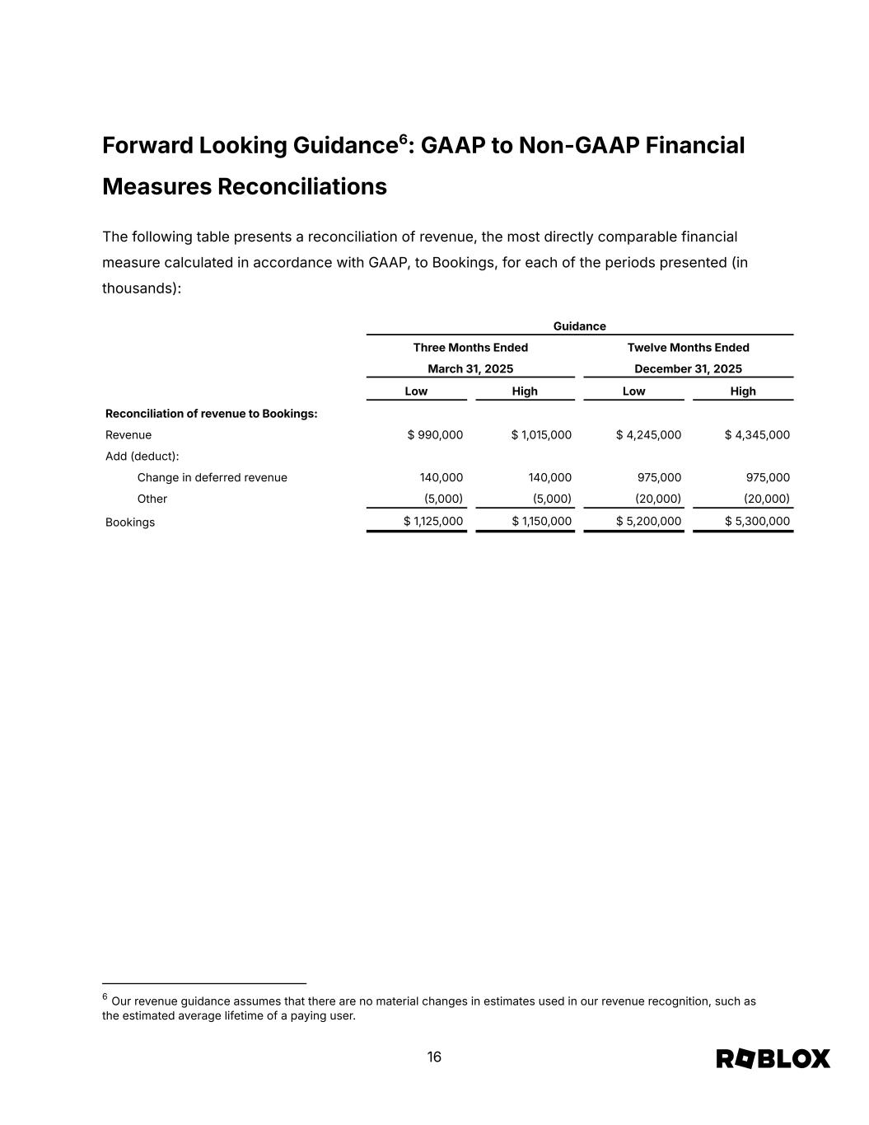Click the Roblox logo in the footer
click(773, 1058)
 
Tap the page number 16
click(434, 1057)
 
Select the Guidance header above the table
click(579, 326)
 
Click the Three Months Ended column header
click(470, 348)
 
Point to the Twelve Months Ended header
click(688, 348)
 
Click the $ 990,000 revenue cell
click(435, 435)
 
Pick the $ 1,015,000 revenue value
click(541, 435)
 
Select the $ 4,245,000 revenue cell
click(648, 435)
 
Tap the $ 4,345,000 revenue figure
click(757, 435)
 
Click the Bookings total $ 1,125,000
click(433, 522)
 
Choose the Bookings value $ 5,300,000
click(757, 522)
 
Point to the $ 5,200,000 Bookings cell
click(648, 522)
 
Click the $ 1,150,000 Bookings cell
click(541, 522)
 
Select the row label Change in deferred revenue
click(212, 478)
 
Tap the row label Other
click(152, 499)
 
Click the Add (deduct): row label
click(142, 457)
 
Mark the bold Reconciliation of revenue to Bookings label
click(211, 414)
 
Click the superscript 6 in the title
click(404, 139)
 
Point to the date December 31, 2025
click(688, 369)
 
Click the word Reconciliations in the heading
click(301, 187)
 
